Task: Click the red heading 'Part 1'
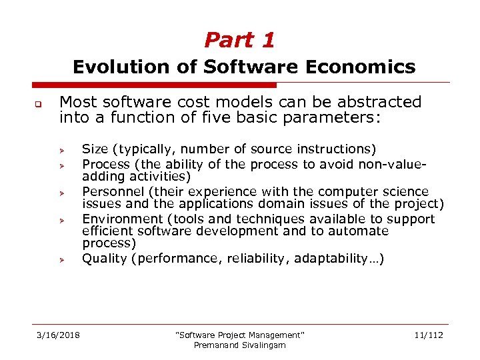[239, 40]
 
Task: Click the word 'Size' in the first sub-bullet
[95, 149]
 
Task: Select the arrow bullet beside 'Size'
[60, 149]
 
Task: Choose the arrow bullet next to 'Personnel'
[60, 193]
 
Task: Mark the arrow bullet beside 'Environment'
[60, 220]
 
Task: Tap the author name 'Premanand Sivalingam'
[239, 345]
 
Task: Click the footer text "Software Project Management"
[239, 335]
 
